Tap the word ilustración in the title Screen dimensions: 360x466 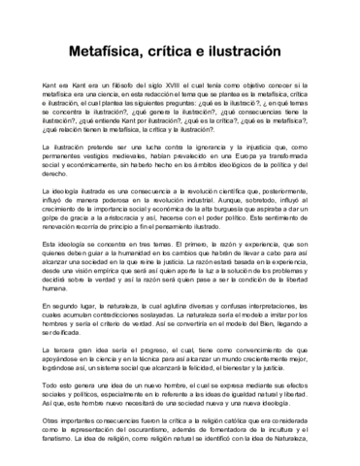click(x=245, y=48)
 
